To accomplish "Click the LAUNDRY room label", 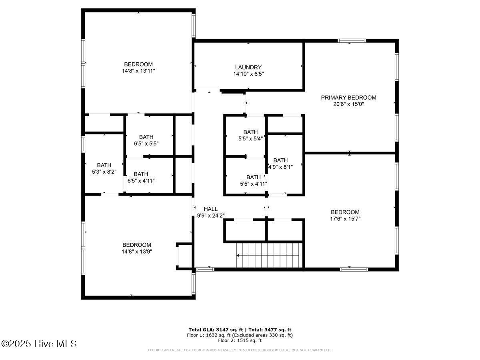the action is click(x=248, y=67).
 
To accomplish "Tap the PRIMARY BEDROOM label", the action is click(x=348, y=98).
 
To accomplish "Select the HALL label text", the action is click(x=210, y=209).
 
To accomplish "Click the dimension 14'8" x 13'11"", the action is click(x=138, y=71).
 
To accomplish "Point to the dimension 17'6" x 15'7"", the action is click(x=345, y=218).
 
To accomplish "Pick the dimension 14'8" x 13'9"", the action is click(x=137, y=251).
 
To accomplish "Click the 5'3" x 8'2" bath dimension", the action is click(x=104, y=172).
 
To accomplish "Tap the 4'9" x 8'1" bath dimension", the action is click(x=280, y=167).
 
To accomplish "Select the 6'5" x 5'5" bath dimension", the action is click(x=146, y=144).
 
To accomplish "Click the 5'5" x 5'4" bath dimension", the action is click(x=250, y=138).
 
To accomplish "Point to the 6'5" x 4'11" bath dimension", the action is click(x=141, y=181).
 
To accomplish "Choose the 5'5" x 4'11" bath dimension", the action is click(x=254, y=184).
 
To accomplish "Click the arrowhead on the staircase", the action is click(x=238, y=255).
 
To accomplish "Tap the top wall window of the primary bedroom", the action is click(x=352, y=41).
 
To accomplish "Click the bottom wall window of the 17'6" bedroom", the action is click(x=354, y=270).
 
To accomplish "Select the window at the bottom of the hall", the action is click(x=205, y=270).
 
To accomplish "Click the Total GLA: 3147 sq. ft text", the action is click(x=216, y=330).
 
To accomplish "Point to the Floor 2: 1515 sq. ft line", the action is click(x=240, y=340).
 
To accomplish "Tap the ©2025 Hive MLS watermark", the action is click(x=39, y=344).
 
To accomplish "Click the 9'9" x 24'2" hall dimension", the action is click(x=211, y=216).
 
